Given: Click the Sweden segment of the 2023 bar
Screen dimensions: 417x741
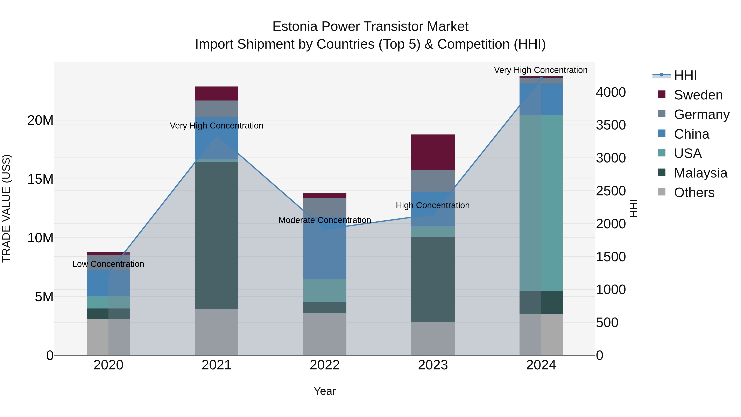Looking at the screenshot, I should [433, 152].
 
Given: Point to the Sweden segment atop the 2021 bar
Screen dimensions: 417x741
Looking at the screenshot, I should [216, 93].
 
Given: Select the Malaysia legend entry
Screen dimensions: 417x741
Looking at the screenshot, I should [700, 173].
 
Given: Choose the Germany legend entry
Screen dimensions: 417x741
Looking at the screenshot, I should [701, 114].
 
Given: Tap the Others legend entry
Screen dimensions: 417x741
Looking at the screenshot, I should [694, 193].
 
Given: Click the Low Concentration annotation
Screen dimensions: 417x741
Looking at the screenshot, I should [108, 264].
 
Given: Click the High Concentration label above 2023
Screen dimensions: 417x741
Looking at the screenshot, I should [433, 206].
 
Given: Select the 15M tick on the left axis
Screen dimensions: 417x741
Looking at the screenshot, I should [40, 179].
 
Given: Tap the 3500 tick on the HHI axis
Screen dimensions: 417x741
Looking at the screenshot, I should [611, 125].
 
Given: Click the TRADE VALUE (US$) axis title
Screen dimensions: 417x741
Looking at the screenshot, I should [6, 208].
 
